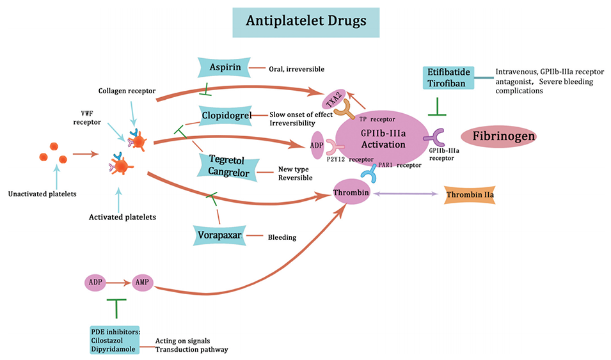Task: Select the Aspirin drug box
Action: point(224,68)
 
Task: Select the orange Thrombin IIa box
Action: point(470,195)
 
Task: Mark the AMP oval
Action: point(142,281)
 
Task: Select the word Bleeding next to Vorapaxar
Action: point(282,237)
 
